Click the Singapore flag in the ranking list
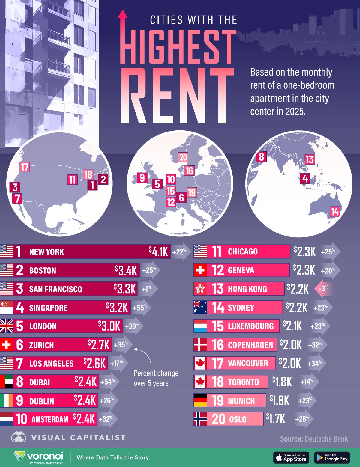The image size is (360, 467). click(7, 308)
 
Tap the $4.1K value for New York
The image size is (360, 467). click(159, 251)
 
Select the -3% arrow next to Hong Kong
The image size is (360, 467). click(324, 288)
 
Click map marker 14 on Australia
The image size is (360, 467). click(334, 212)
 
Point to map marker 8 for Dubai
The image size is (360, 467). click(261, 156)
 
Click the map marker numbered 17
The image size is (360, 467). click(25, 167)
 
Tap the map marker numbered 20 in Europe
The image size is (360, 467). click(183, 157)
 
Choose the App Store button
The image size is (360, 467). click(291, 457)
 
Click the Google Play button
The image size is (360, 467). click(332, 457)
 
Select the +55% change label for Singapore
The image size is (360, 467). click(140, 308)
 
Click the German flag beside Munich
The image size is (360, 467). click(200, 400)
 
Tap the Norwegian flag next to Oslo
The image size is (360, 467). click(200, 419)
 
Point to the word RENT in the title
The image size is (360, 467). click(177, 96)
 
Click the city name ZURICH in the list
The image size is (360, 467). click(41, 345)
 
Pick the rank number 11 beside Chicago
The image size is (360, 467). click(217, 251)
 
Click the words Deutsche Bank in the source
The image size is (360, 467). click(326, 439)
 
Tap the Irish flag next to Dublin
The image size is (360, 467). click(7, 401)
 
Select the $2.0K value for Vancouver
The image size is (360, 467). click(290, 363)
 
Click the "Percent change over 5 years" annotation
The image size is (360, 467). click(156, 378)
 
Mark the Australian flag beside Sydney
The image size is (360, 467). click(200, 307)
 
